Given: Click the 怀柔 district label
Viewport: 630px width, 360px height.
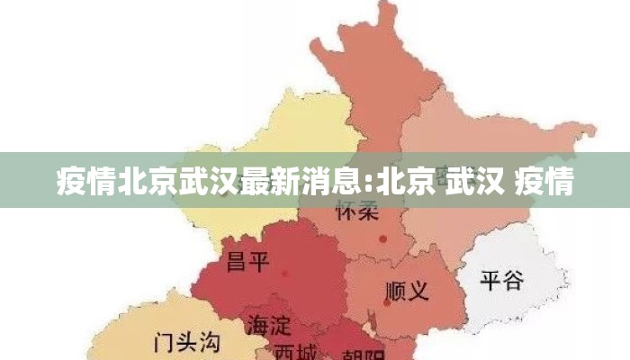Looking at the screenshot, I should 356,213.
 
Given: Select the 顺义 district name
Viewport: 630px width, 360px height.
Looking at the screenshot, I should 407,291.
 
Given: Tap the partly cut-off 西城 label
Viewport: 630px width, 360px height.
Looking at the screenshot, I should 296,350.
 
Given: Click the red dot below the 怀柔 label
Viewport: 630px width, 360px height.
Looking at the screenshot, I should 383,238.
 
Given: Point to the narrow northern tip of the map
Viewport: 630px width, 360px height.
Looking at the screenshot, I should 387,13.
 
